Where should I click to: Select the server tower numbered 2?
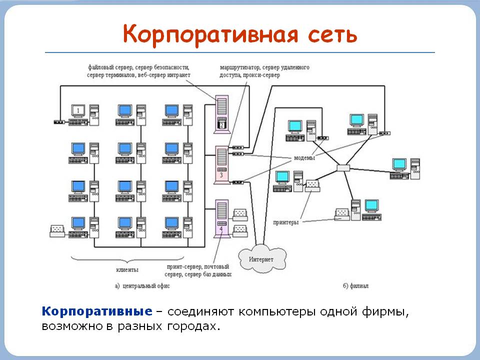pos(221,114)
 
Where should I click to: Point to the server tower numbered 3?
pos(221,163)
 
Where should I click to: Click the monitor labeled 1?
pos(78,110)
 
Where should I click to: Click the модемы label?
pos(304,158)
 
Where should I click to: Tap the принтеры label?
pos(286,222)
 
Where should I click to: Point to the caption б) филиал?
pos(355,286)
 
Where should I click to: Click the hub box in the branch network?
pos(343,167)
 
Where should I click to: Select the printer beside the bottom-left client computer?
pos(57,230)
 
